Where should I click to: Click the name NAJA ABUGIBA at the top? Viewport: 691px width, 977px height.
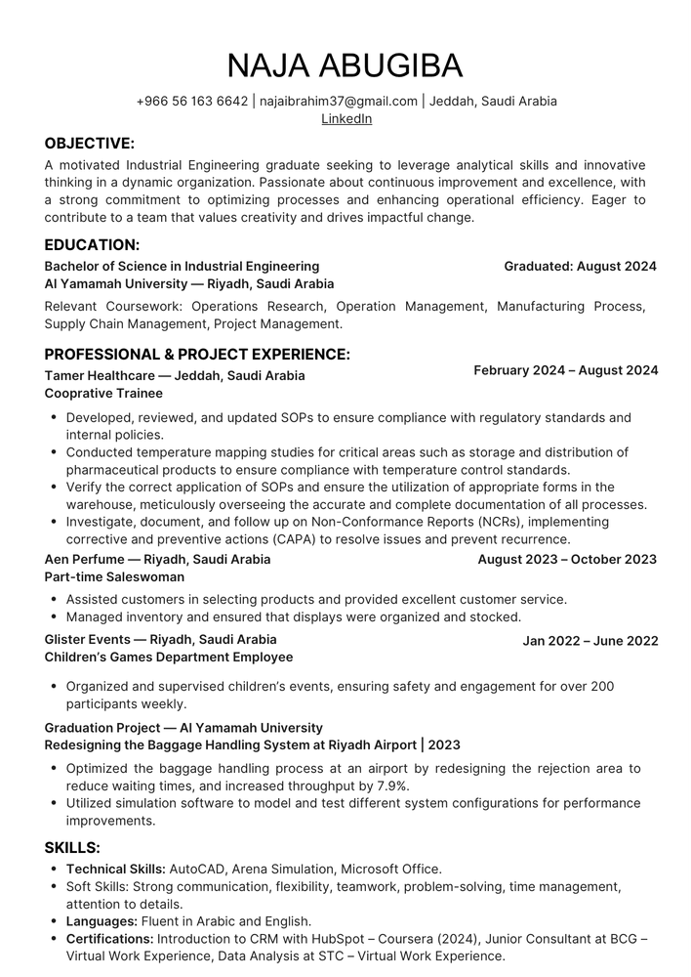(x=345, y=65)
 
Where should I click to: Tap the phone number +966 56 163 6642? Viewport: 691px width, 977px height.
(x=192, y=101)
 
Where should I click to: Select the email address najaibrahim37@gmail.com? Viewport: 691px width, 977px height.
(x=339, y=101)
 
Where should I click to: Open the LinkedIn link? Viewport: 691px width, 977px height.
(x=346, y=119)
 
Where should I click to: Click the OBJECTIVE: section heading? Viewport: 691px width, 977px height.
(x=90, y=144)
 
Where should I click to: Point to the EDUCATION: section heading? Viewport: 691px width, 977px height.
(x=92, y=244)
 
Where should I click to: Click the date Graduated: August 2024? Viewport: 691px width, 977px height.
(x=580, y=266)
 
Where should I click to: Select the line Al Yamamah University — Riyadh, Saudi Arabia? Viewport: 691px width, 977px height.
(x=189, y=283)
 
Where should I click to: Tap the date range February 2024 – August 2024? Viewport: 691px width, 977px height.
(x=566, y=370)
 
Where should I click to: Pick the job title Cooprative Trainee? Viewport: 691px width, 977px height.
(x=103, y=393)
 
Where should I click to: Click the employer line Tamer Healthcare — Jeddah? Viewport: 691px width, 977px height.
(x=175, y=375)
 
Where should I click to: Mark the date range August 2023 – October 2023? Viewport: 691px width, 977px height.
(x=567, y=559)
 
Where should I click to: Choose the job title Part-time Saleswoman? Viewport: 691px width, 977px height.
(x=114, y=576)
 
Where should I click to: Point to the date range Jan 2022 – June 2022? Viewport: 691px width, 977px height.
(x=590, y=641)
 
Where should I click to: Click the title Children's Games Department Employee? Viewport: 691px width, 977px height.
(x=169, y=658)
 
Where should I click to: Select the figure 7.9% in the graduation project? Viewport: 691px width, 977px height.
(x=388, y=786)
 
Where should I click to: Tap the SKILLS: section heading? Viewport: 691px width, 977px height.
(x=73, y=847)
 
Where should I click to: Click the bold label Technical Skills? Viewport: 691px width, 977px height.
(x=116, y=869)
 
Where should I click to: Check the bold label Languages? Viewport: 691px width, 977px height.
(x=102, y=921)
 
